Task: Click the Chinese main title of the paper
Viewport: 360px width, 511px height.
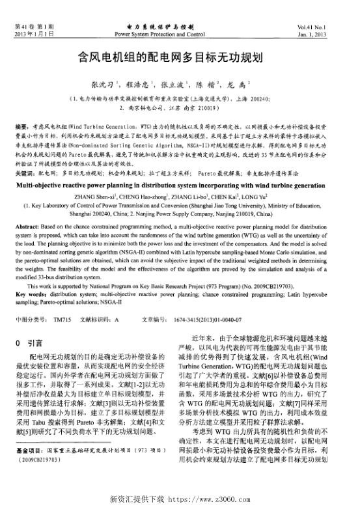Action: tap(180, 57)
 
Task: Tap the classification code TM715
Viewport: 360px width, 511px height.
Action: tap(62, 320)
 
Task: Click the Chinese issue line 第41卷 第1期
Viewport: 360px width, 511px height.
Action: tap(33, 25)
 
